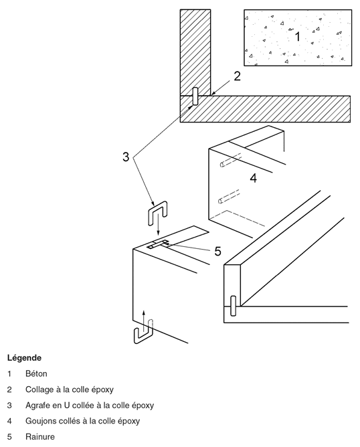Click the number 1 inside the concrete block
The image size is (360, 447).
(297, 37)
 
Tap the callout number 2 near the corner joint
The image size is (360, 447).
(237, 76)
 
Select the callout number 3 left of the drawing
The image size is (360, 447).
(126, 157)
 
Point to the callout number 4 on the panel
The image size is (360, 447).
(253, 178)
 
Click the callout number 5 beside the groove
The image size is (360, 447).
(217, 251)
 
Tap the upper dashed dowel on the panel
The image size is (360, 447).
(231, 160)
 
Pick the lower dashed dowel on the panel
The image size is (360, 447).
(229, 197)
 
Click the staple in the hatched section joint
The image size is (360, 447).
(195, 96)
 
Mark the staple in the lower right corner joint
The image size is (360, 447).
(233, 306)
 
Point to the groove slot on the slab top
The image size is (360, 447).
(158, 244)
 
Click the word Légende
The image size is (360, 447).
(25, 358)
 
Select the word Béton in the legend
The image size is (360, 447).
(36, 373)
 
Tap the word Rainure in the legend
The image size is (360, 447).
(40, 436)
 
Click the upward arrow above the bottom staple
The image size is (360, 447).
(144, 321)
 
